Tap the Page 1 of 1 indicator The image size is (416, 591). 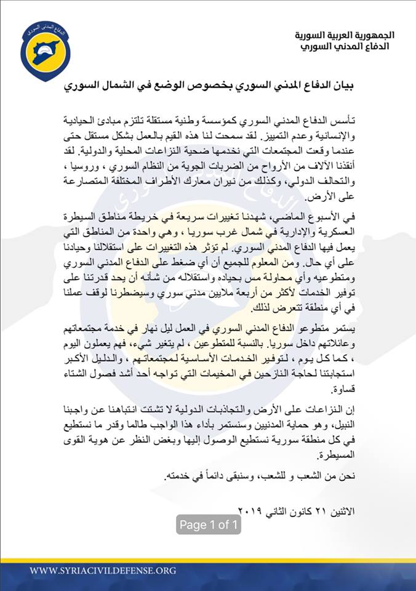[209, 525]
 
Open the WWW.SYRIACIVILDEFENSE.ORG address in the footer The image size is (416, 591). [103, 571]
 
